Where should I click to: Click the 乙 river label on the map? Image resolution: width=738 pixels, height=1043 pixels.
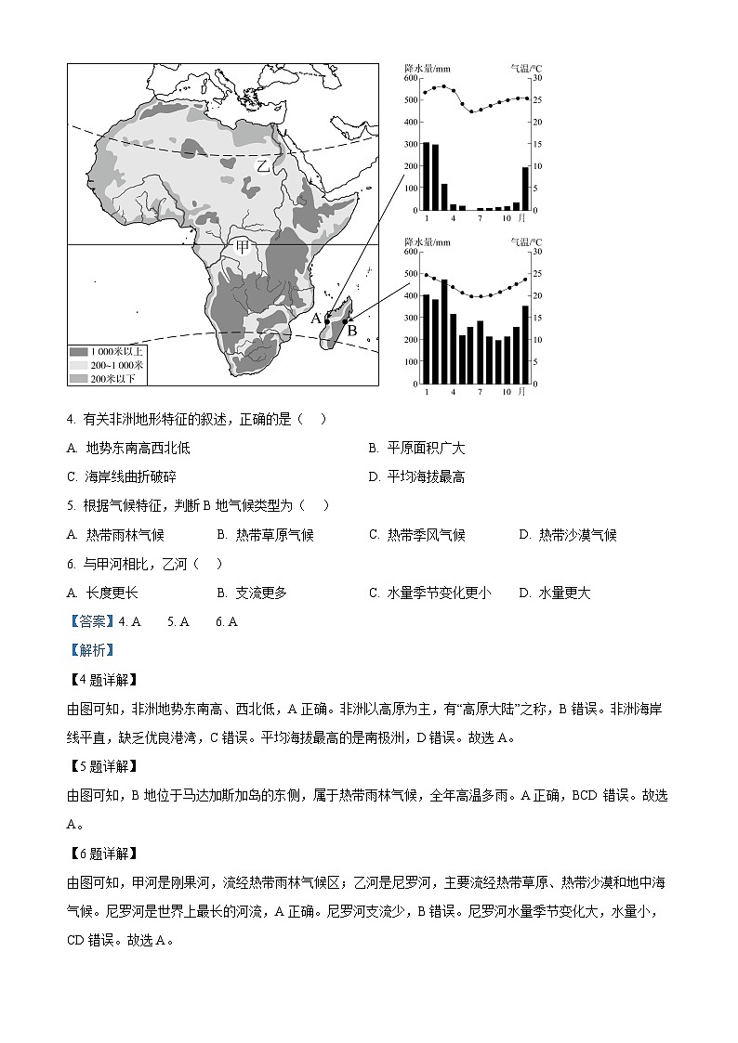pos(263,166)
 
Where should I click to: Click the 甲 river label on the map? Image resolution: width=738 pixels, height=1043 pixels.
pos(243,246)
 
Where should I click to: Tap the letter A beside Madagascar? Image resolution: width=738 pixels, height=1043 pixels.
pos(316,318)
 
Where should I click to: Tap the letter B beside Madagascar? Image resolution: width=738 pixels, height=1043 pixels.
pos(351,330)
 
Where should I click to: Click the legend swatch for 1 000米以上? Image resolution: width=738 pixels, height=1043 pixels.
pos(78,352)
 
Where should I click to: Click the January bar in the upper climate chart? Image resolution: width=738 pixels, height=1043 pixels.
pos(426,176)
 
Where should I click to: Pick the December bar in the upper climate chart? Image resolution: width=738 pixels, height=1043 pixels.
pos(525,188)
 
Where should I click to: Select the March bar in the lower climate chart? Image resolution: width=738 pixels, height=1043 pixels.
pos(444,331)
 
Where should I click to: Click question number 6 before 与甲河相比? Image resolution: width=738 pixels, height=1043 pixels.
pos(71,564)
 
